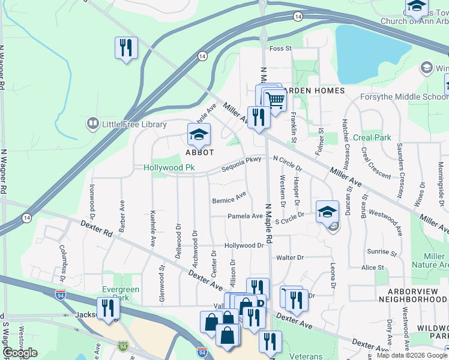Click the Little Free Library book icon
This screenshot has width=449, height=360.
(x=92, y=124)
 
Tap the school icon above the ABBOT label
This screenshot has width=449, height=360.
(x=199, y=136)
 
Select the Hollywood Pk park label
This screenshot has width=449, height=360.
(x=170, y=167)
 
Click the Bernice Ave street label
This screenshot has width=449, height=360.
(x=229, y=197)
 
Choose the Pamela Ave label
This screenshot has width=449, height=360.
(x=244, y=216)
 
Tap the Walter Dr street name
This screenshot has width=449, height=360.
(x=290, y=257)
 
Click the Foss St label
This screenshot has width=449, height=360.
(x=280, y=48)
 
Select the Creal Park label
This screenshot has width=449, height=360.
(x=372, y=137)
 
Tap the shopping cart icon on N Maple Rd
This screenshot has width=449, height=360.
(x=276, y=99)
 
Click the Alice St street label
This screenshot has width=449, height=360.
(x=372, y=268)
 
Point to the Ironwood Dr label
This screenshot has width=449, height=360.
(x=93, y=200)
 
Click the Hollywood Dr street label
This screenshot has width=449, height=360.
(x=244, y=246)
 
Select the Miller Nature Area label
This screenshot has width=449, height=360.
(x=434, y=260)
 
